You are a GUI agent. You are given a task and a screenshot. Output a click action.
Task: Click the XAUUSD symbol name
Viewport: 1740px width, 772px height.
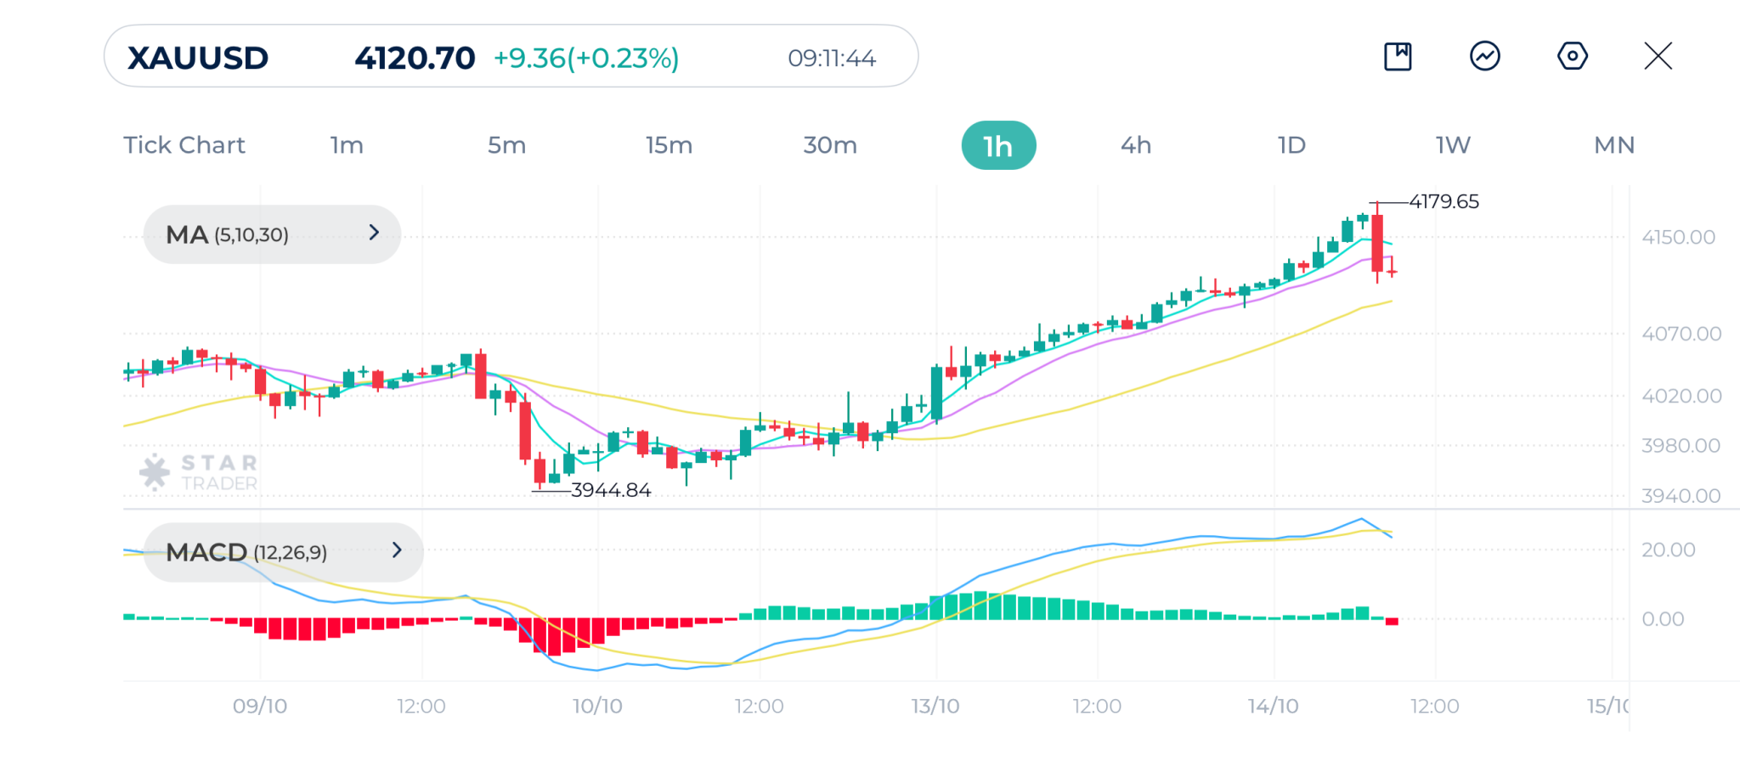(198, 58)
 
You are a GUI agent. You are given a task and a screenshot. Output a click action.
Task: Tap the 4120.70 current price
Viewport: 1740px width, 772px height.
(415, 58)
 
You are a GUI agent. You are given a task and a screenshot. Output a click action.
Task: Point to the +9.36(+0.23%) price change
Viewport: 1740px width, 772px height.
(586, 58)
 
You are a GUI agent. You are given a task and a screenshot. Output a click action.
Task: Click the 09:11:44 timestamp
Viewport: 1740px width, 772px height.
(831, 58)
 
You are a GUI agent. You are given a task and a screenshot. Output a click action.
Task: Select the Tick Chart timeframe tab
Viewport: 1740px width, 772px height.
(184, 145)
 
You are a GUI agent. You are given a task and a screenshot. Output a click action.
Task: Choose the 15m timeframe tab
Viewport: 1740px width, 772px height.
(669, 145)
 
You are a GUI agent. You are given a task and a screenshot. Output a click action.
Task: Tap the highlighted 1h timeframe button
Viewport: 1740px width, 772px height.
(998, 146)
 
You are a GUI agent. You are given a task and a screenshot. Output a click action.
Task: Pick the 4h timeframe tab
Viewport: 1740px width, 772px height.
(1136, 145)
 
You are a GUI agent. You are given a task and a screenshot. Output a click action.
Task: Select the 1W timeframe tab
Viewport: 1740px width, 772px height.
(1453, 145)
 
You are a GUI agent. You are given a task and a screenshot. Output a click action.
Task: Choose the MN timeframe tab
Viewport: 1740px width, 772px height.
(1614, 145)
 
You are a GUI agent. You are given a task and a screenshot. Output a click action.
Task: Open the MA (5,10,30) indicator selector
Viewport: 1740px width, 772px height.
(272, 234)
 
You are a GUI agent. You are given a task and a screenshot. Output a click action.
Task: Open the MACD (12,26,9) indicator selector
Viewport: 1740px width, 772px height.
(283, 552)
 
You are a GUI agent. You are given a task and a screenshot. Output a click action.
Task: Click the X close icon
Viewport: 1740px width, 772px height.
(1658, 56)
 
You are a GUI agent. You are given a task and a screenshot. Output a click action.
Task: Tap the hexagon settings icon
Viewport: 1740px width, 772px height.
(1572, 56)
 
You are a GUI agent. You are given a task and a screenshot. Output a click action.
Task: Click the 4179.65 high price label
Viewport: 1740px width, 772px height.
(1443, 201)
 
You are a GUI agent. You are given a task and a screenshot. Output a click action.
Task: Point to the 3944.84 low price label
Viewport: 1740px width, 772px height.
(611, 490)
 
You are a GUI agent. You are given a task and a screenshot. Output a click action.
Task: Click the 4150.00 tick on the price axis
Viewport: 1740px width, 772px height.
(1678, 237)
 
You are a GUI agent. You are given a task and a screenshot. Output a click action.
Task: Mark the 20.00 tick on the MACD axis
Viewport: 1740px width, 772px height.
(1668, 549)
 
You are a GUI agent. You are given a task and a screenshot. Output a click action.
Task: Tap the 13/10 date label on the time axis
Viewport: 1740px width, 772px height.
(935, 706)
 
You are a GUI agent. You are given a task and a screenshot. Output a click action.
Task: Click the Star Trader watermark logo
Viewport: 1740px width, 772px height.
(199, 472)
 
